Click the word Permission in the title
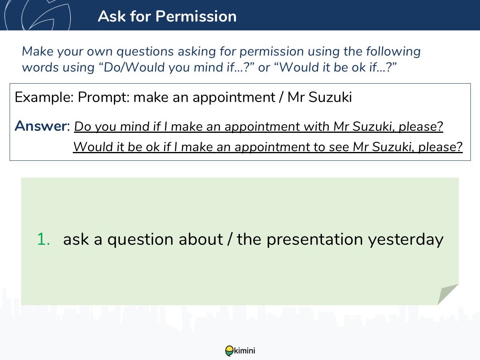point(196,16)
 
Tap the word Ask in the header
point(112,16)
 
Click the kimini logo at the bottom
point(240,351)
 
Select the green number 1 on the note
point(43,239)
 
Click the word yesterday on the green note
point(406,240)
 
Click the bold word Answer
point(41,126)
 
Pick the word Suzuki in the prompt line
point(330,97)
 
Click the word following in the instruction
point(393,52)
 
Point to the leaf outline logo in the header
point(38,15)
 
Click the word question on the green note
point(140,240)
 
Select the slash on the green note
point(230,239)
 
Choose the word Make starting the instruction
point(38,51)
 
